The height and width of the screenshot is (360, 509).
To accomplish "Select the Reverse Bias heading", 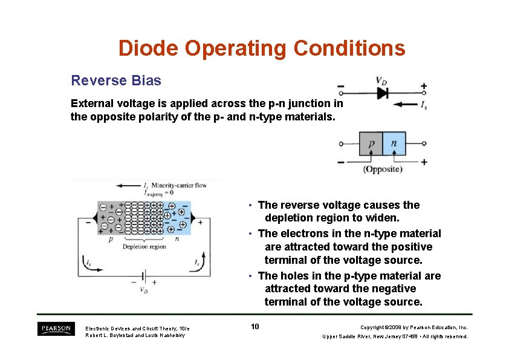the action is [116, 80].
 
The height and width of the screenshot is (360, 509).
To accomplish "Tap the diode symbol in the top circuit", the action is [382, 93].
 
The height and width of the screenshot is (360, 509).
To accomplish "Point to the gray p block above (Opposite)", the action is [371, 144].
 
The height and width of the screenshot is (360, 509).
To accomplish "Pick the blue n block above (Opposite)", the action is [394, 144].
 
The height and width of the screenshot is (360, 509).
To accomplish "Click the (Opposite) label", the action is [383, 169].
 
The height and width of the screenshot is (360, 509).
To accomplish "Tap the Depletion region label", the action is [144, 247].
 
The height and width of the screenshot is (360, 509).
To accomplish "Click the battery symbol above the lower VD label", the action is [143, 276].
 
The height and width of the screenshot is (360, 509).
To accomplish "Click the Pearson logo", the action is [56, 329].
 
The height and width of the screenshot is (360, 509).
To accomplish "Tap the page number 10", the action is [254, 327].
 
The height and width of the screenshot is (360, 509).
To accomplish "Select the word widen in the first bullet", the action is [384, 218].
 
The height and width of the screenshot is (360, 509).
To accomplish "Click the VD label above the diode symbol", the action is [381, 80].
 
